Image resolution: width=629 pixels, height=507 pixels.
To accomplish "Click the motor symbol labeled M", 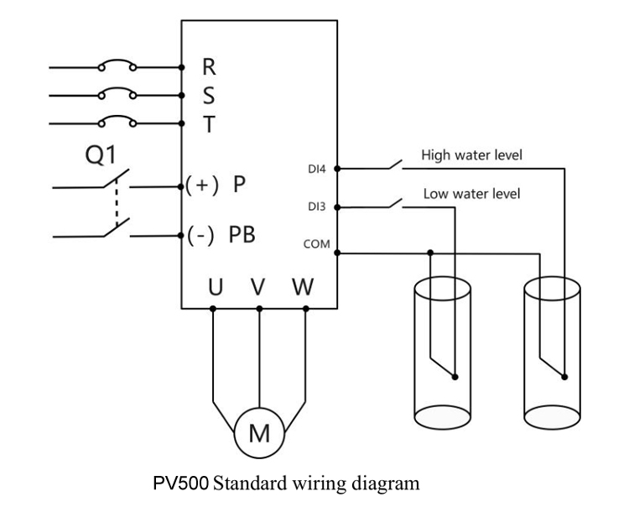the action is [259, 433].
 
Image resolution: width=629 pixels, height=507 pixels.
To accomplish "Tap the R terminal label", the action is [209, 67].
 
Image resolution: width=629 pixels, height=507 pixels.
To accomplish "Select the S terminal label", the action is [209, 96].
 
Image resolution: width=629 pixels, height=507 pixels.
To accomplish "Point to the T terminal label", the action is [209, 124].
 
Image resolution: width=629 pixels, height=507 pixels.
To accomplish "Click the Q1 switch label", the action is [101, 154].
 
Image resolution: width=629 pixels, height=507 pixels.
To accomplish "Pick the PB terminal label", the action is [242, 235].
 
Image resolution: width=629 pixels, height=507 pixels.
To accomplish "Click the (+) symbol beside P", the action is [202, 185].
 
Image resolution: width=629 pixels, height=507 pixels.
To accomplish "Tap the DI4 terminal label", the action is [317, 169].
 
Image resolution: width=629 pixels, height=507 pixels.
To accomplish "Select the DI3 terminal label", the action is [317, 206].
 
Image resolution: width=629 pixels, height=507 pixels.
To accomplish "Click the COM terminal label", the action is [316, 244].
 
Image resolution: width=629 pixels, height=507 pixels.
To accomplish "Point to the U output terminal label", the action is [216, 287].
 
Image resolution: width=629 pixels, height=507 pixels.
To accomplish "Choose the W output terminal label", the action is [303, 287].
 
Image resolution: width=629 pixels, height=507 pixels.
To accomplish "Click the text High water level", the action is [471, 155].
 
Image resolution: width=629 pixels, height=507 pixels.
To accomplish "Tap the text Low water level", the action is [471, 194].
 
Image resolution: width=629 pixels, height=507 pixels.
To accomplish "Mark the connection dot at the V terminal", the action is [259, 309].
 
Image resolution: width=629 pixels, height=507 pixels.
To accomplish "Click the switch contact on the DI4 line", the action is [395, 165].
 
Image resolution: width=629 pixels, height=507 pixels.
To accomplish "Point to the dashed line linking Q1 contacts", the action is [117, 203].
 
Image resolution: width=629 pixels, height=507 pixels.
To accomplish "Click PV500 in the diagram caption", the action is [181, 483].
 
